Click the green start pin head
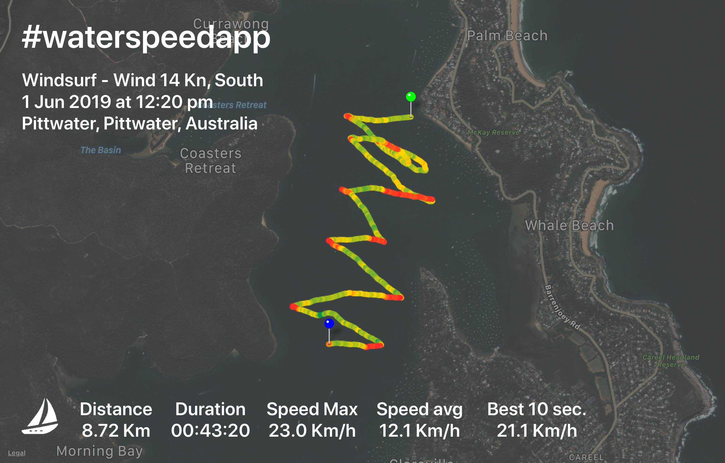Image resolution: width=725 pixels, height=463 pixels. point(411,97)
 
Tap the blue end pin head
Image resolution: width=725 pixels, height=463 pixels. point(329,323)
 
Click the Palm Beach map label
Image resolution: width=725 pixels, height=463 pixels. point(507,36)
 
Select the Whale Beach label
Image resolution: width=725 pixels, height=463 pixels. point(569,225)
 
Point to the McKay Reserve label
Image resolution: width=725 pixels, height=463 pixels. point(493,132)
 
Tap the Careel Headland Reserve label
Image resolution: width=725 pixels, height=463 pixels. point(671,361)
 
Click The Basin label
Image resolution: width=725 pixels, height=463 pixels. point(101,150)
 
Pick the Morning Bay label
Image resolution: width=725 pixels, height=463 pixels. point(99,451)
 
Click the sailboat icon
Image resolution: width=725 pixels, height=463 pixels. point(40,416)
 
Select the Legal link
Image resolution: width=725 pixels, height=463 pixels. point(17,453)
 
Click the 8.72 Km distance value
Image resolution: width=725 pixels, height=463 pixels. point(116,430)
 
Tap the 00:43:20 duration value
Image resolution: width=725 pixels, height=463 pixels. point(210,430)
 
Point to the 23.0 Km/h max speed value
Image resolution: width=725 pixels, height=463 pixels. point(312,430)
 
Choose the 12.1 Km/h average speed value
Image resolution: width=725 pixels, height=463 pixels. point(419,430)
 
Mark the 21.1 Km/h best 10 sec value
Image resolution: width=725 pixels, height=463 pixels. point(537,430)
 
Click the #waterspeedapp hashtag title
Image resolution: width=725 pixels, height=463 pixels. point(146,38)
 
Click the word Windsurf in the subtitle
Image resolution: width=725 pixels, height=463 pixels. point(59,80)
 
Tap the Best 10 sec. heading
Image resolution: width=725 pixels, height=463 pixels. point(537,409)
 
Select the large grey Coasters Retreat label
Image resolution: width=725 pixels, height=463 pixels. point(210,161)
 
